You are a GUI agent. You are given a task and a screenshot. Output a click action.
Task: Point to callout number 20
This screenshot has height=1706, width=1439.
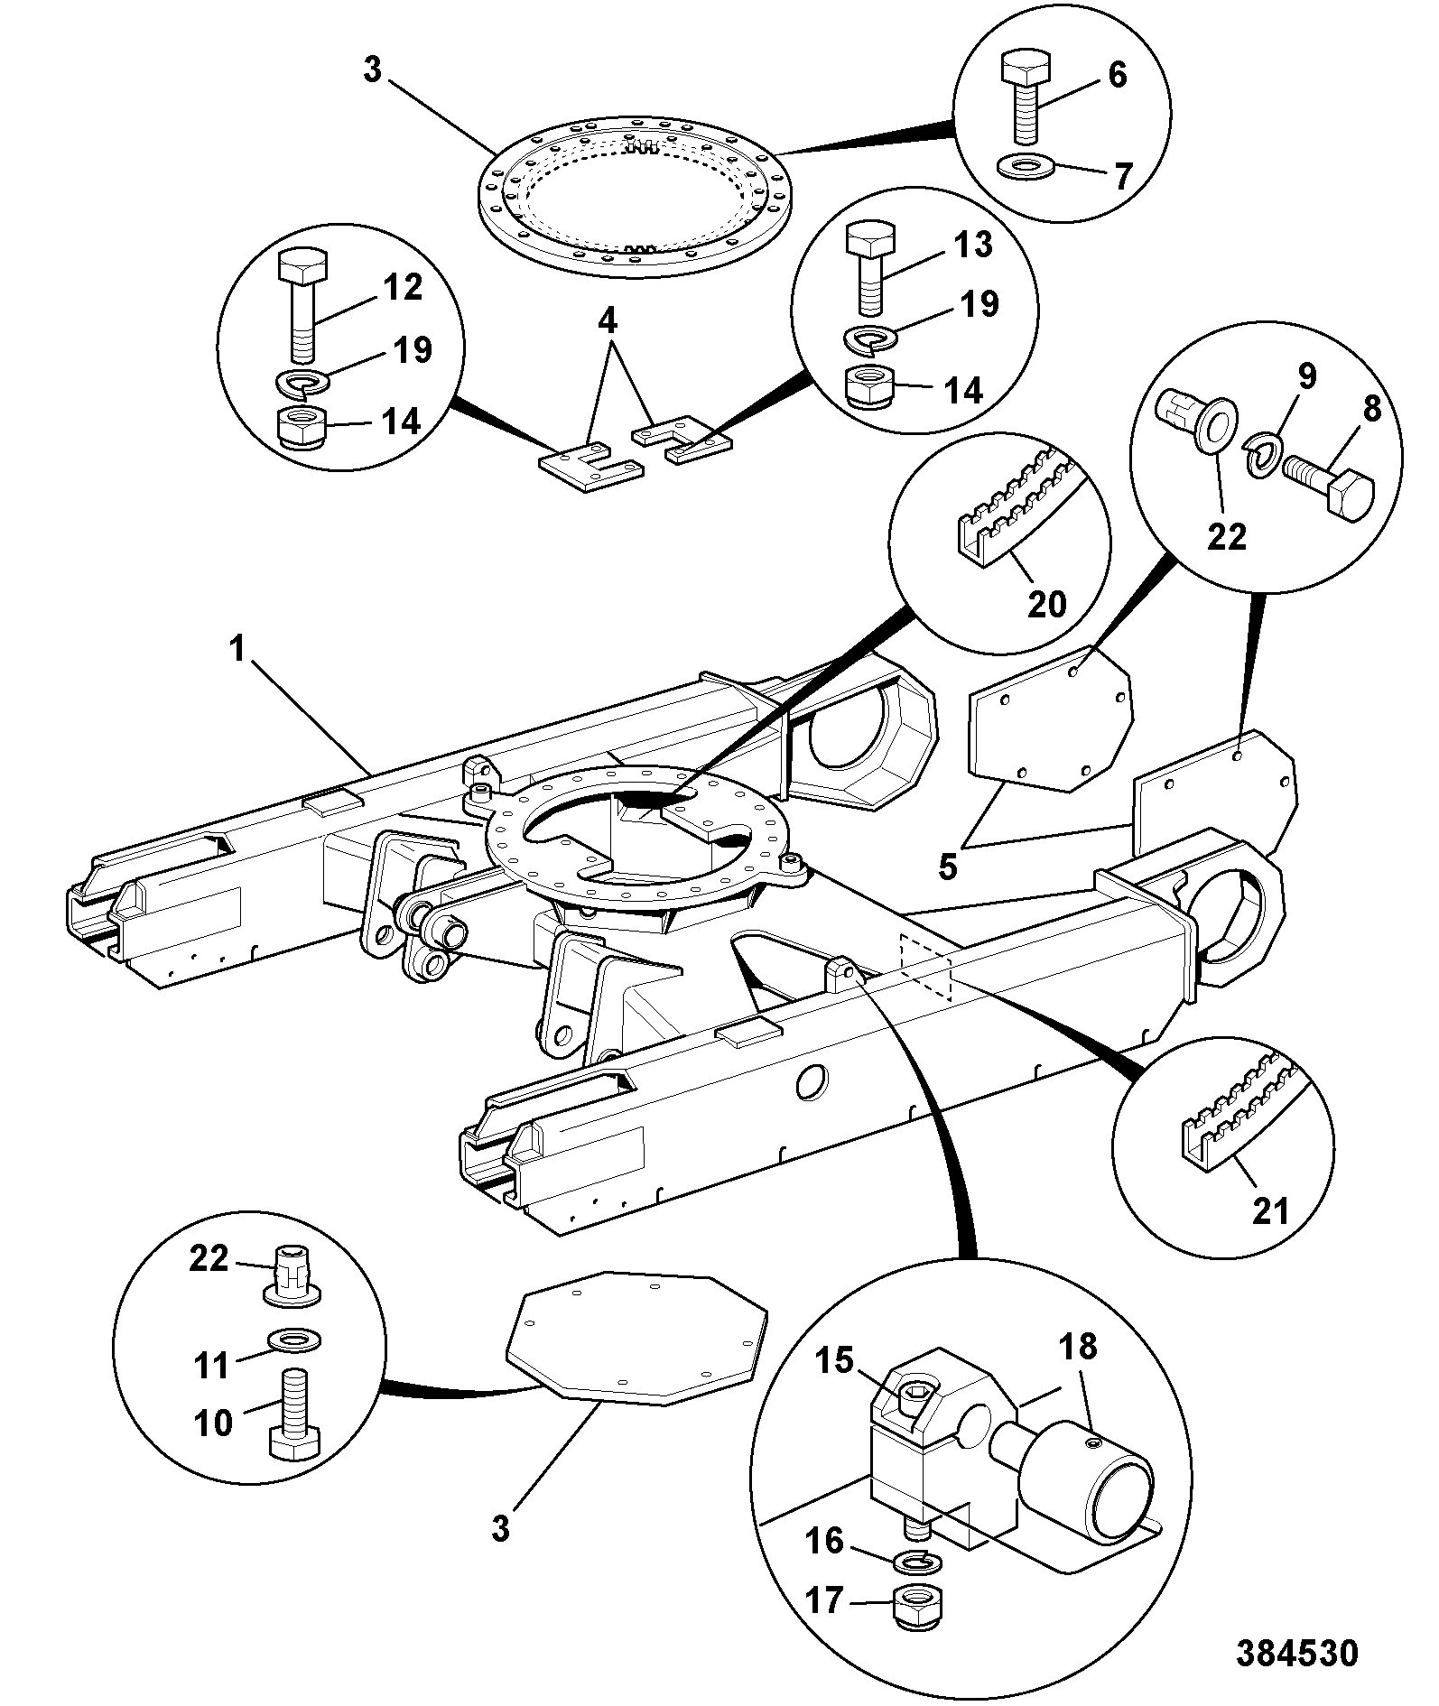pos(1047,603)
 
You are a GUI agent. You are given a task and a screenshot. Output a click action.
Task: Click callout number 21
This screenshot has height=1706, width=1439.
pos(1270,1210)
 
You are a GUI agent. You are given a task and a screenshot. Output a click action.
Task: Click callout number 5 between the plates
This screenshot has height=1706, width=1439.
pos(947,866)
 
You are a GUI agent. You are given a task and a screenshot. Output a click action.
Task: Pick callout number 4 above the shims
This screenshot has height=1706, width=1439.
pos(608,319)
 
